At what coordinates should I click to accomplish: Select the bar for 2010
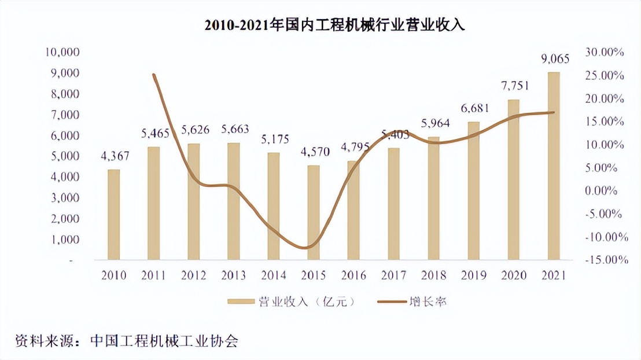(114, 215)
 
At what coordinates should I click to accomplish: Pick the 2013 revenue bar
(234, 201)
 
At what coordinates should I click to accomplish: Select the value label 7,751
(514, 86)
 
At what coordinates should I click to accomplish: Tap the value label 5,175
(274, 139)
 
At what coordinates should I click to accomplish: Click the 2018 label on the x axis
(434, 275)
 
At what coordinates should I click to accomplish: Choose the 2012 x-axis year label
(194, 275)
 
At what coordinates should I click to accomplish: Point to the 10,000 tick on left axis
(61, 53)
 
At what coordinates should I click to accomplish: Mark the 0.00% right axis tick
(606, 191)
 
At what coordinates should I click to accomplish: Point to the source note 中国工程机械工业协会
(164, 341)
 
